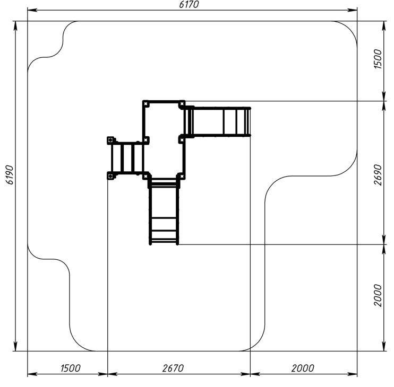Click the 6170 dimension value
pyautogui.click(x=189, y=5)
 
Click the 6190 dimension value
pyautogui.click(x=10, y=175)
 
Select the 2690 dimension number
pyautogui.click(x=378, y=175)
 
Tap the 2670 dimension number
pyautogui.click(x=173, y=368)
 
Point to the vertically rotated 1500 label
pyautogui.click(x=378, y=59)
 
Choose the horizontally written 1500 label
pyautogui.click(x=70, y=368)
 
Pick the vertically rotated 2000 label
pyautogui.click(x=378, y=295)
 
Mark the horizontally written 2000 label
pyautogui.click(x=303, y=368)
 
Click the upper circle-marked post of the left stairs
pyautogui.click(x=110, y=140)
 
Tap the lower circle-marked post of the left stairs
pyautogui.click(x=110, y=176)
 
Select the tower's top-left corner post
pyautogui.click(x=145, y=103)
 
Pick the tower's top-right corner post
pyautogui.click(x=182, y=103)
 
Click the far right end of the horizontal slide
pyautogui.click(x=250, y=122)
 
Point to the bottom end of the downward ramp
pyautogui.click(x=164, y=243)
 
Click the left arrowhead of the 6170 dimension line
pyautogui.click(x=32, y=10)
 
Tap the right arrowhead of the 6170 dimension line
pyautogui.click(x=352, y=10)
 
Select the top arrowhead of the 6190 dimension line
pyautogui.click(x=15, y=26)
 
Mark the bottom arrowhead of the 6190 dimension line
pyautogui.click(x=15, y=346)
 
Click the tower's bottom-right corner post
pyautogui.click(x=182, y=177)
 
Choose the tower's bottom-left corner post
pyautogui.click(x=145, y=177)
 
